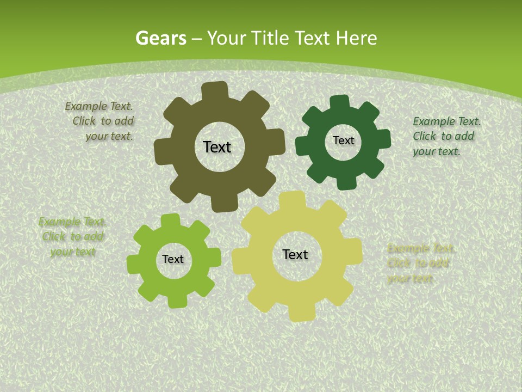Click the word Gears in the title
coord(160,38)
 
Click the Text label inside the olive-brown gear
coord(217,147)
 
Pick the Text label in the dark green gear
coord(343,140)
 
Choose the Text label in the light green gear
coord(173,259)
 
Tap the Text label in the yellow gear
coord(295,254)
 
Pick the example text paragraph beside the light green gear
coord(73,237)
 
